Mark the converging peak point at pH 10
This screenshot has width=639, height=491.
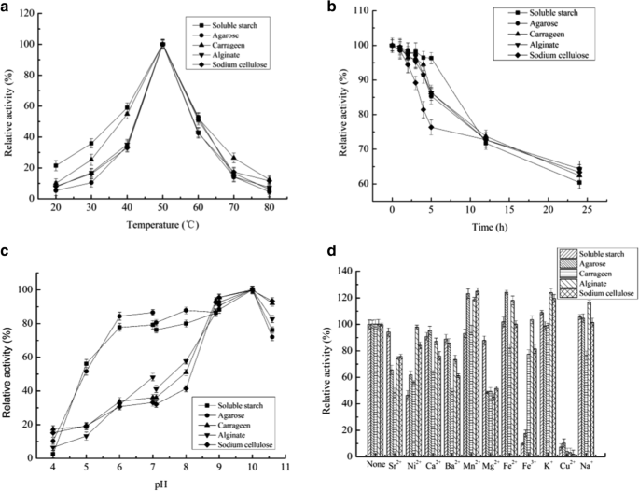pos(251,289)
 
